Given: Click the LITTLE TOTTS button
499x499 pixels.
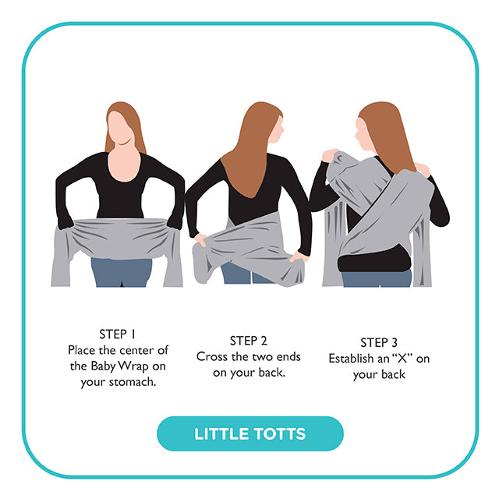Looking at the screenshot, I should pos(249,434).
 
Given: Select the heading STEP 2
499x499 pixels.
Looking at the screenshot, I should pos(248,341).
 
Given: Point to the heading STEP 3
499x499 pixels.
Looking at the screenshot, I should pos(379,343).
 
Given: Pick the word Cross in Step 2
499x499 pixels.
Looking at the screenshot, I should pos(212,356).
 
